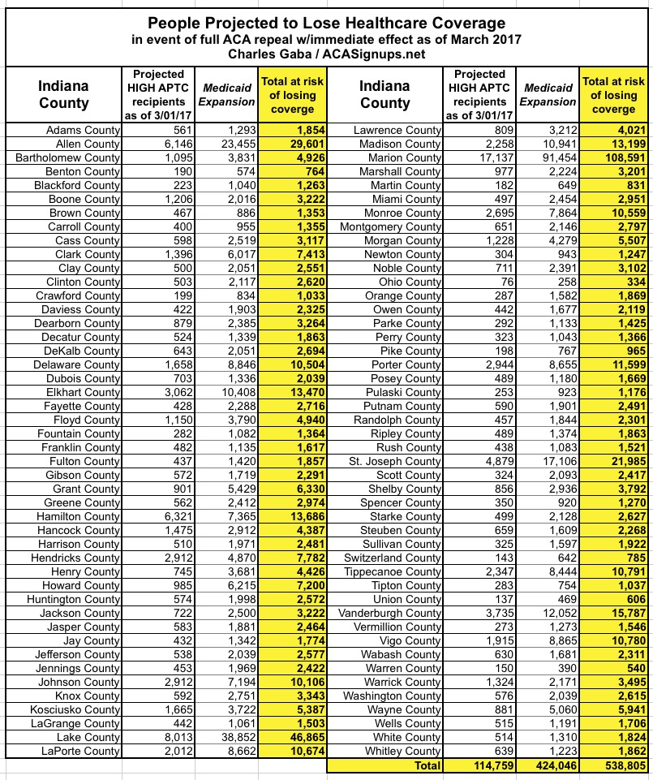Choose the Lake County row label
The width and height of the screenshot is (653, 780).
pos(83,737)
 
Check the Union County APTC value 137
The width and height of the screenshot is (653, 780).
pos(500,599)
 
